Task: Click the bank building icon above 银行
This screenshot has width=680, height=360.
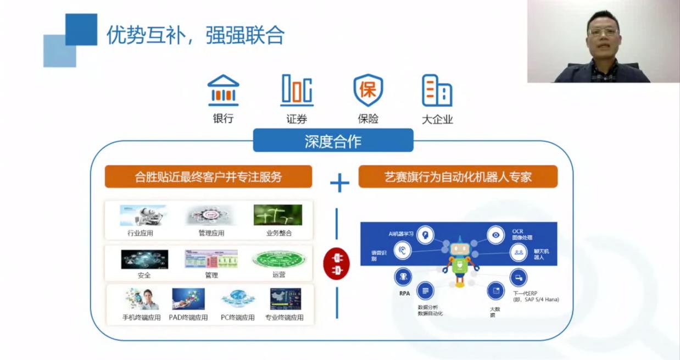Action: (x=223, y=91)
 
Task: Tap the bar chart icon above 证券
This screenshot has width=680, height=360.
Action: (x=297, y=90)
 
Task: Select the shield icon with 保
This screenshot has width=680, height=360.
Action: (x=368, y=90)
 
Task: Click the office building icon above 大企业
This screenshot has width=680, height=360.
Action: (x=437, y=91)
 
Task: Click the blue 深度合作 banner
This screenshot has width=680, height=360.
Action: (x=333, y=141)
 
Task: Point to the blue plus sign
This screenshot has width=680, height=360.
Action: (x=339, y=182)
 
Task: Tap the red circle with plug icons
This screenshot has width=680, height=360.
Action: (x=336, y=263)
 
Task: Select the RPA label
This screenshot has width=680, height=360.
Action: (x=404, y=293)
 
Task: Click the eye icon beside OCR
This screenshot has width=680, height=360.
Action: (x=496, y=235)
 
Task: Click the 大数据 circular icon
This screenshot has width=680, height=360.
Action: (x=495, y=290)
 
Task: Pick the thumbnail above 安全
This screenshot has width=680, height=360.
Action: (x=144, y=259)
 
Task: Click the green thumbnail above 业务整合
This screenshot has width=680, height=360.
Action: (x=278, y=215)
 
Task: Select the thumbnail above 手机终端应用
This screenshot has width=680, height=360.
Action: (x=142, y=299)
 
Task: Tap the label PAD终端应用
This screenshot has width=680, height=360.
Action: (x=188, y=318)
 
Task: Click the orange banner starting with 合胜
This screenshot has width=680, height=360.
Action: (x=208, y=177)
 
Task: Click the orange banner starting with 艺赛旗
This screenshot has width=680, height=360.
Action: (x=458, y=177)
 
